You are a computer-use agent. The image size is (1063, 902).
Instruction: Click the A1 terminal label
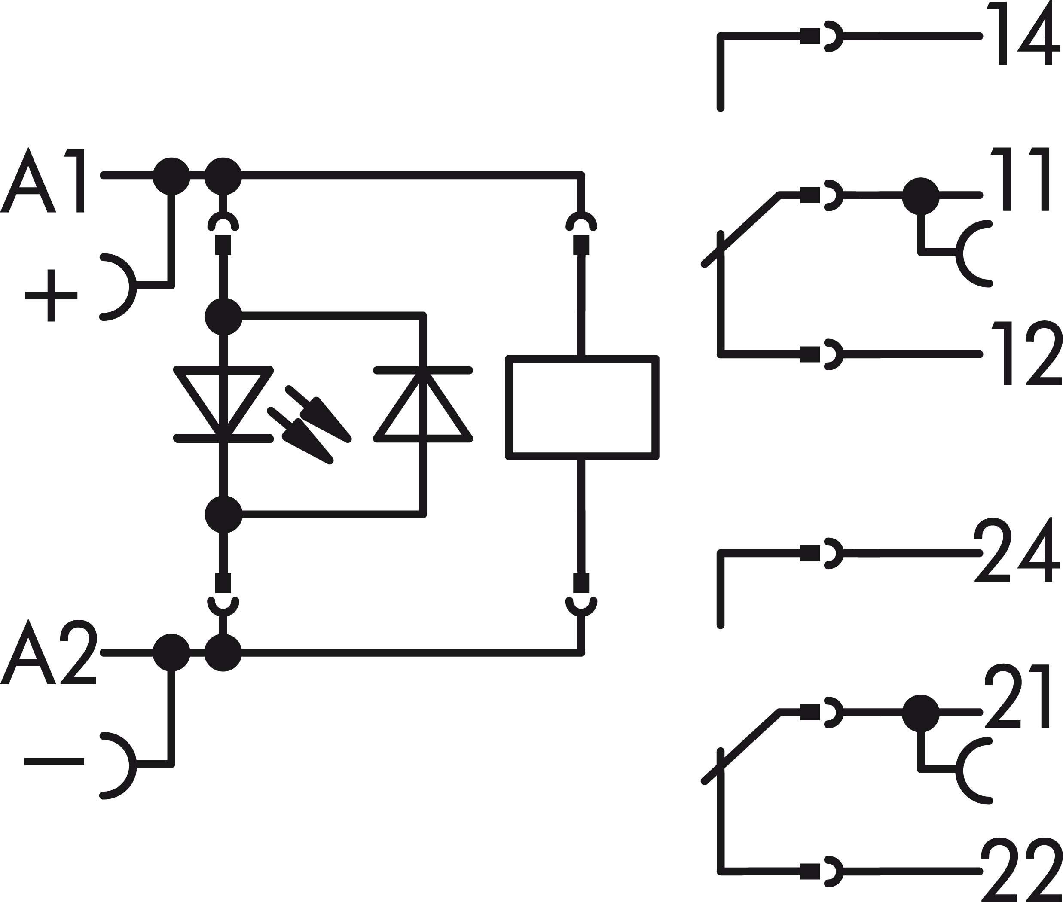pos(43,180)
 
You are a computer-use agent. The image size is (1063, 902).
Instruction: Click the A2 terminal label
pos(49,652)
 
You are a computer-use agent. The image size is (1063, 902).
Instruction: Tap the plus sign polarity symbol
pos(51,295)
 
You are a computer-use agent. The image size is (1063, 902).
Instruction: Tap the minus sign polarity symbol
pos(54,762)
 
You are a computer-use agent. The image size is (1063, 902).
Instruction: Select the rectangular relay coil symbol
pos(582,408)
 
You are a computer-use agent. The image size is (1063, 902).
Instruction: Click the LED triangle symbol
pos(223,402)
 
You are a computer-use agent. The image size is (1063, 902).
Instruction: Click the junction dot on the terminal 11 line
pos(920,196)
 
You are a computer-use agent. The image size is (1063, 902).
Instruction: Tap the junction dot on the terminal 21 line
pos(920,713)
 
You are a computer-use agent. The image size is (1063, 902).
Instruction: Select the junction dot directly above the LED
pos(223,317)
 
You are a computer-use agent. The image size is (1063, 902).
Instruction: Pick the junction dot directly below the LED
pos(223,515)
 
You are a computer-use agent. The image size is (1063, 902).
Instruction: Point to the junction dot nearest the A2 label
pos(171,652)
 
